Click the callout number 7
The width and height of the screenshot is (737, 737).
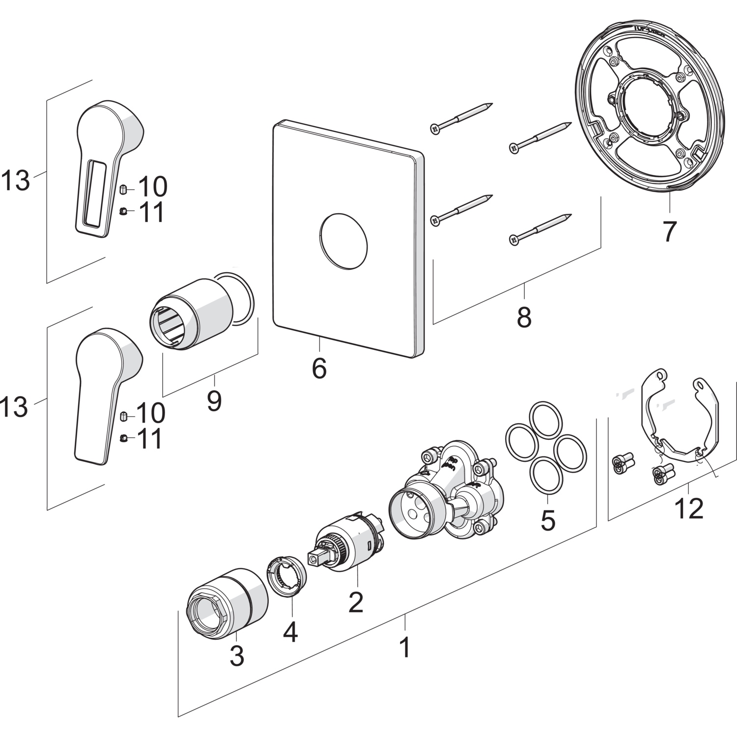[x=669, y=231]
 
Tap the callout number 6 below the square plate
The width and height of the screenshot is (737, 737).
[x=319, y=368]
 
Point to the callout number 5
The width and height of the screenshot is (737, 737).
[x=548, y=519]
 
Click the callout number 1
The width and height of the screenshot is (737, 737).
[x=405, y=647]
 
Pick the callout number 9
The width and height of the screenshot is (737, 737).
[x=214, y=401]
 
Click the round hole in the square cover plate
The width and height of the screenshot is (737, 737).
[x=343, y=242]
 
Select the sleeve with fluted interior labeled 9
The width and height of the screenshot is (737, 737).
[x=194, y=314]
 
